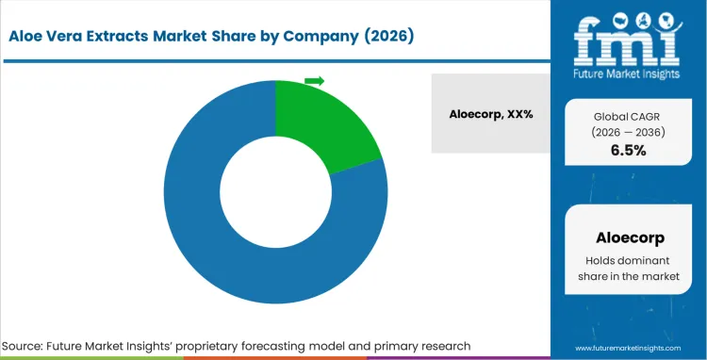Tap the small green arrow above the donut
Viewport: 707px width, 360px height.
pos(314,81)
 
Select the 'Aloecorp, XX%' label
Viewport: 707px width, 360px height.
pos(490,113)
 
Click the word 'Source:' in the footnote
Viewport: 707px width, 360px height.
pos(27,346)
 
